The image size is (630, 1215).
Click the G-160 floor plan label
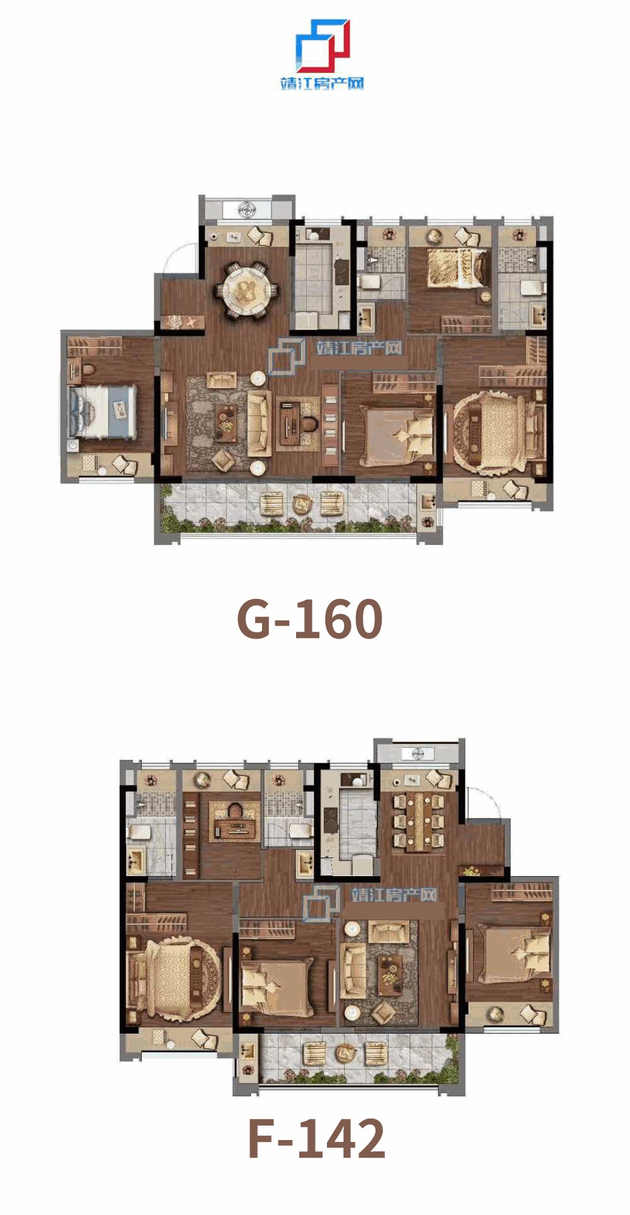(x=310, y=619)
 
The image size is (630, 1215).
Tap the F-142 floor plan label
(x=316, y=1138)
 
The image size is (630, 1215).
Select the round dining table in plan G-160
(x=246, y=291)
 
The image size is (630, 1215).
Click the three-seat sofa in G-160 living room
(x=259, y=423)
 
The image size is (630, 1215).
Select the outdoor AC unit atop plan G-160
(x=246, y=208)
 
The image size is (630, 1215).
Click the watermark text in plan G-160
(x=359, y=348)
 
